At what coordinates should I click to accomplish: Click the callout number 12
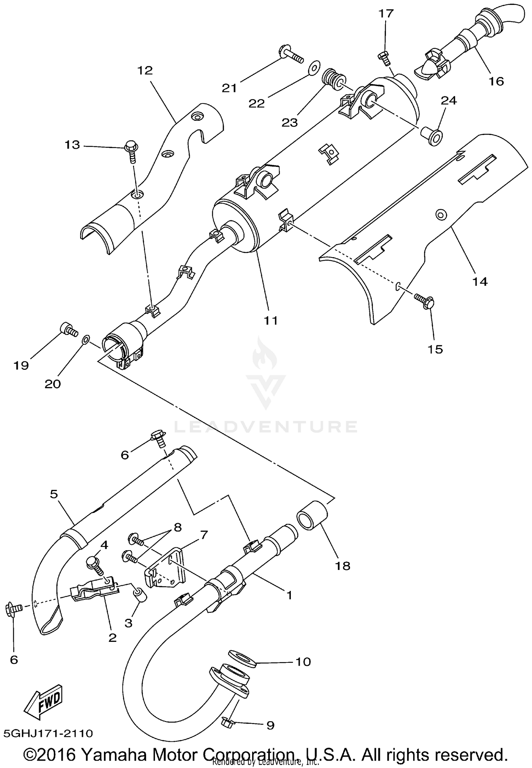tap(144, 70)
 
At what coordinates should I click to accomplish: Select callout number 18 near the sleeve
tap(343, 565)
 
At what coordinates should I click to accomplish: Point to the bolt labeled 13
tap(131, 152)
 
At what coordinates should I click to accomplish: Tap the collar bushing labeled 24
tap(432, 137)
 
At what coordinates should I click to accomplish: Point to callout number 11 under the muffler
tap(271, 320)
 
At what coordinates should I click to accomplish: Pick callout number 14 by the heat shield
tap(480, 282)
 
